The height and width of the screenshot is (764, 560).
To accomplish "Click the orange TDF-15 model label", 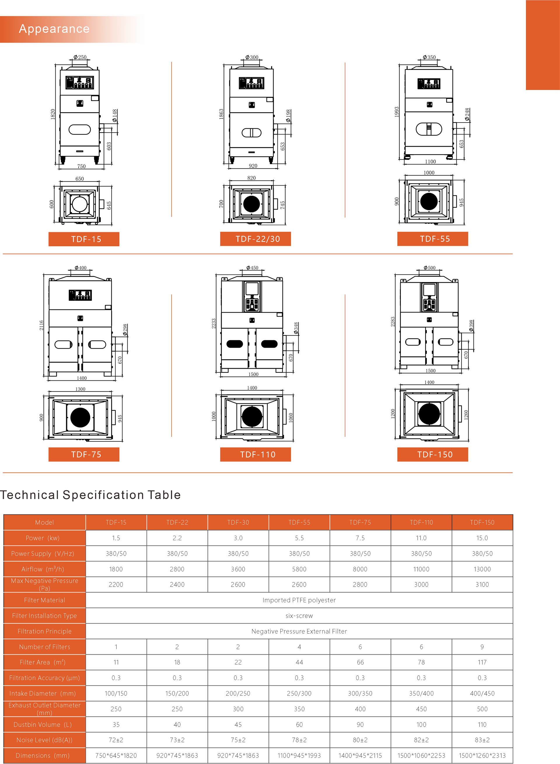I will click(86, 239).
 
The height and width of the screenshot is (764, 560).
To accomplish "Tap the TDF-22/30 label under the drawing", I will click(258, 239).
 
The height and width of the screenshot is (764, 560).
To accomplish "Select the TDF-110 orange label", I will click(258, 454).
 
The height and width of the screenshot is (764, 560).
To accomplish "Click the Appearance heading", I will click(54, 29).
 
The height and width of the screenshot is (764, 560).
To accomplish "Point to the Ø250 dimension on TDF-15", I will click(80, 57).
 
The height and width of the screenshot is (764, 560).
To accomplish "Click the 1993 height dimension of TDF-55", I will click(397, 112).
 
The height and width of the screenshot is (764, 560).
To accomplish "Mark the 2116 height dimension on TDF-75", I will click(41, 325).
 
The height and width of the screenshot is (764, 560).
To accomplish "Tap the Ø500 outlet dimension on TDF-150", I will click(430, 268).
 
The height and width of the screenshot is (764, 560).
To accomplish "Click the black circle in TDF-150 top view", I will click(429, 414).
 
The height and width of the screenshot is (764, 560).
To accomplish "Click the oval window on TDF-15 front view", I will click(80, 130).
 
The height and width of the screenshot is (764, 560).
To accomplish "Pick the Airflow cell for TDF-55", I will click(299, 569).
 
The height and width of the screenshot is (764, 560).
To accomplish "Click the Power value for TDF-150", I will click(482, 538).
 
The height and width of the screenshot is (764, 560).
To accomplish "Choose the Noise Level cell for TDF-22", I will click(177, 740).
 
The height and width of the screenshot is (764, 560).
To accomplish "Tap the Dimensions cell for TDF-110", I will click(421, 756).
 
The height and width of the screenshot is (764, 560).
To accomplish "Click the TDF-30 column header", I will click(238, 522).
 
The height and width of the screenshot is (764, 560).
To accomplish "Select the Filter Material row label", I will click(44, 600).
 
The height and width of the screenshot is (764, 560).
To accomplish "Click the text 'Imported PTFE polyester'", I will click(299, 600).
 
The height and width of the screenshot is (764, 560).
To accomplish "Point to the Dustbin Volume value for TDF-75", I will click(360, 725).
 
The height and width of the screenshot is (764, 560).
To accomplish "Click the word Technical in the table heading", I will click(30, 495).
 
